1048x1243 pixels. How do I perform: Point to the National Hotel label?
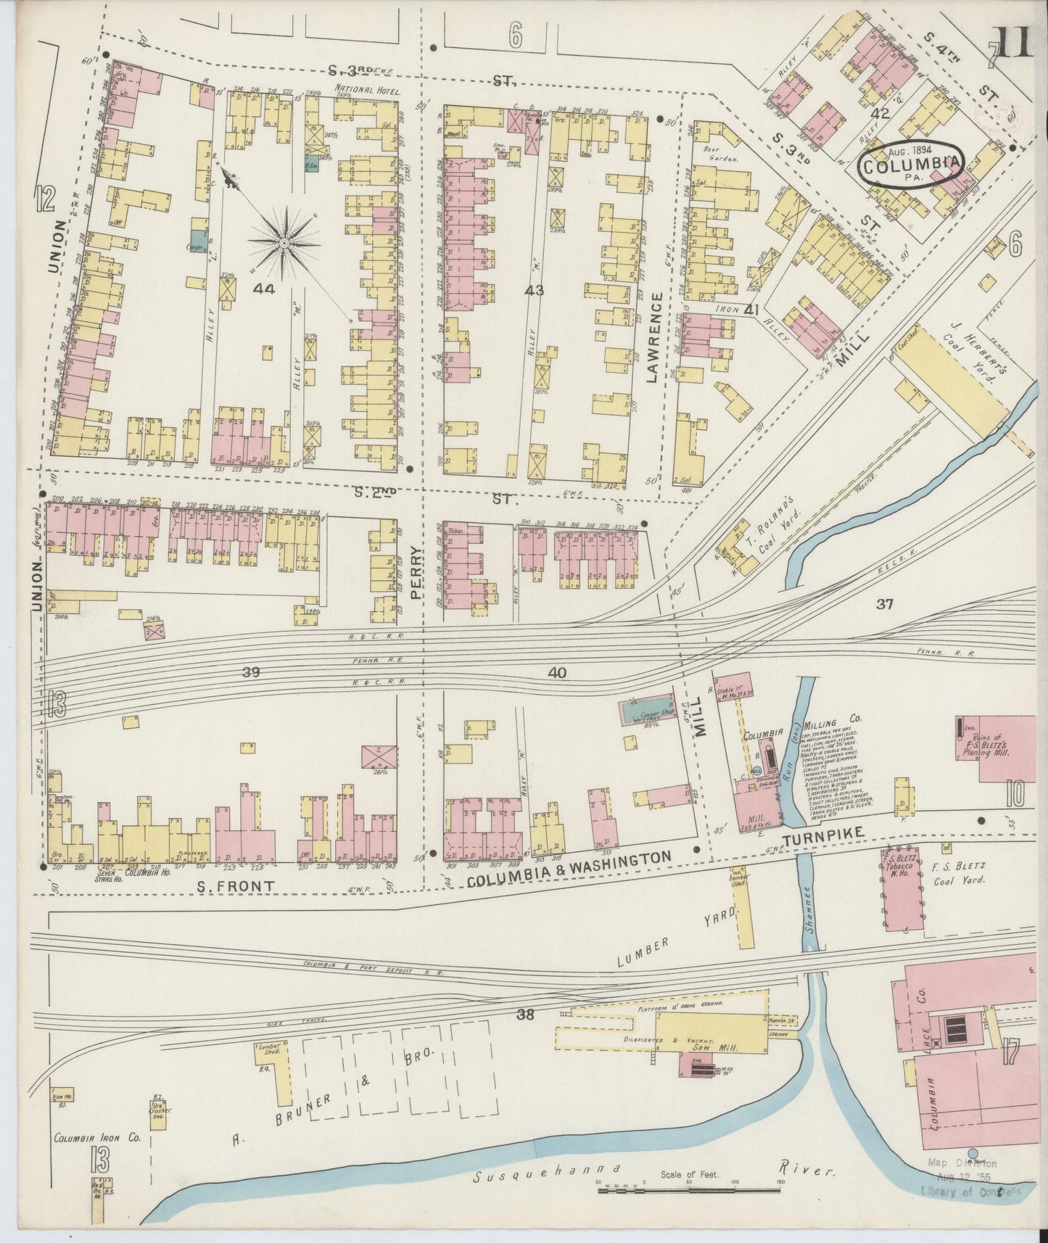363,90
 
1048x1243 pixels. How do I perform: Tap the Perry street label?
415,573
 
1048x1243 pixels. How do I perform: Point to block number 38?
526,1015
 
